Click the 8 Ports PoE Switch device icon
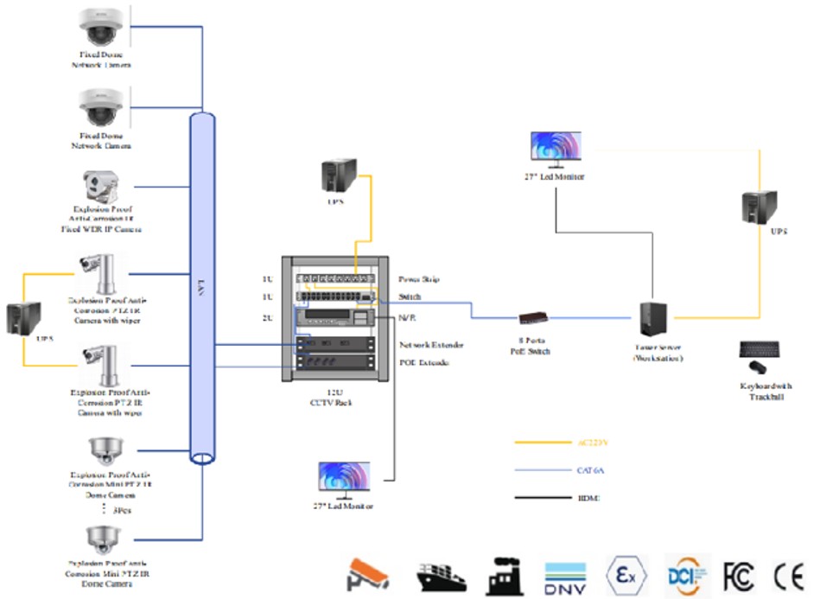click(x=531, y=317)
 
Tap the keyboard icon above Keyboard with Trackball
click(x=760, y=350)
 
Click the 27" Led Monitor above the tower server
click(x=556, y=150)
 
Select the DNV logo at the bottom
click(x=566, y=575)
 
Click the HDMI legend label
click(x=588, y=497)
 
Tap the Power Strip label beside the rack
click(x=419, y=279)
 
